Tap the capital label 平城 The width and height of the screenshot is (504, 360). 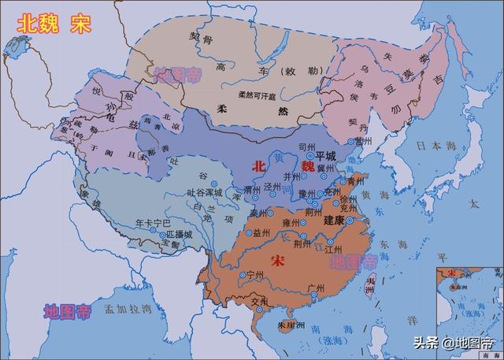pos(325,157)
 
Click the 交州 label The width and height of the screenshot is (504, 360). pos(259,299)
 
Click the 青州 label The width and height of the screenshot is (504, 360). pos(357,180)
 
